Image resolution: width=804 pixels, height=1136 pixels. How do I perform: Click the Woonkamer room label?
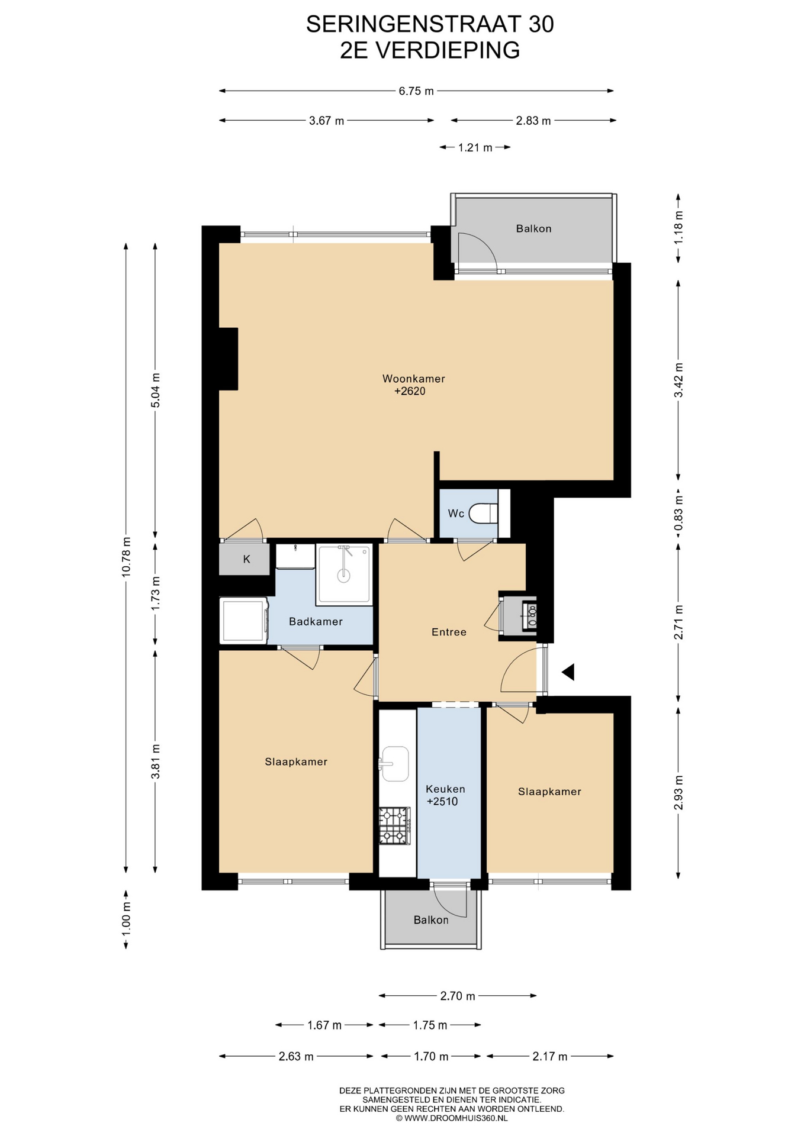(413, 379)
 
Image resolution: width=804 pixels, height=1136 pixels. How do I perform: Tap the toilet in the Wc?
(484, 514)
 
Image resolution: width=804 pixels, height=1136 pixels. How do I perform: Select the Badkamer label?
(316, 622)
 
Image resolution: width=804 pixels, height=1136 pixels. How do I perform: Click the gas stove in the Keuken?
(395, 825)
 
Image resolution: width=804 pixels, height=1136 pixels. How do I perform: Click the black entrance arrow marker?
(568, 672)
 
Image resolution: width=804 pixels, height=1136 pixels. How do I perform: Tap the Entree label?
(449, 632)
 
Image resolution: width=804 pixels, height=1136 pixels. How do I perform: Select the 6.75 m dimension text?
(416, 91)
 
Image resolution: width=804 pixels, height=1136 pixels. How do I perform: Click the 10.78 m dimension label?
(126, 557)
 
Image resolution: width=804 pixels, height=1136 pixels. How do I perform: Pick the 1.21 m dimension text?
(475, 147)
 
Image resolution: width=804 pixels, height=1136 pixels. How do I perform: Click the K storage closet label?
(247, 559)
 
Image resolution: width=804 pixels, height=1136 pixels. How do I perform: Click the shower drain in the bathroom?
(343, 574)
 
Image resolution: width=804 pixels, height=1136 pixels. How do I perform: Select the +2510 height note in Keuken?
(442, 802)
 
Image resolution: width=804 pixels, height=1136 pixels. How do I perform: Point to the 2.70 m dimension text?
(458, 996)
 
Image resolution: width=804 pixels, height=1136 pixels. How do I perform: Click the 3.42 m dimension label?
(678, 379)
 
